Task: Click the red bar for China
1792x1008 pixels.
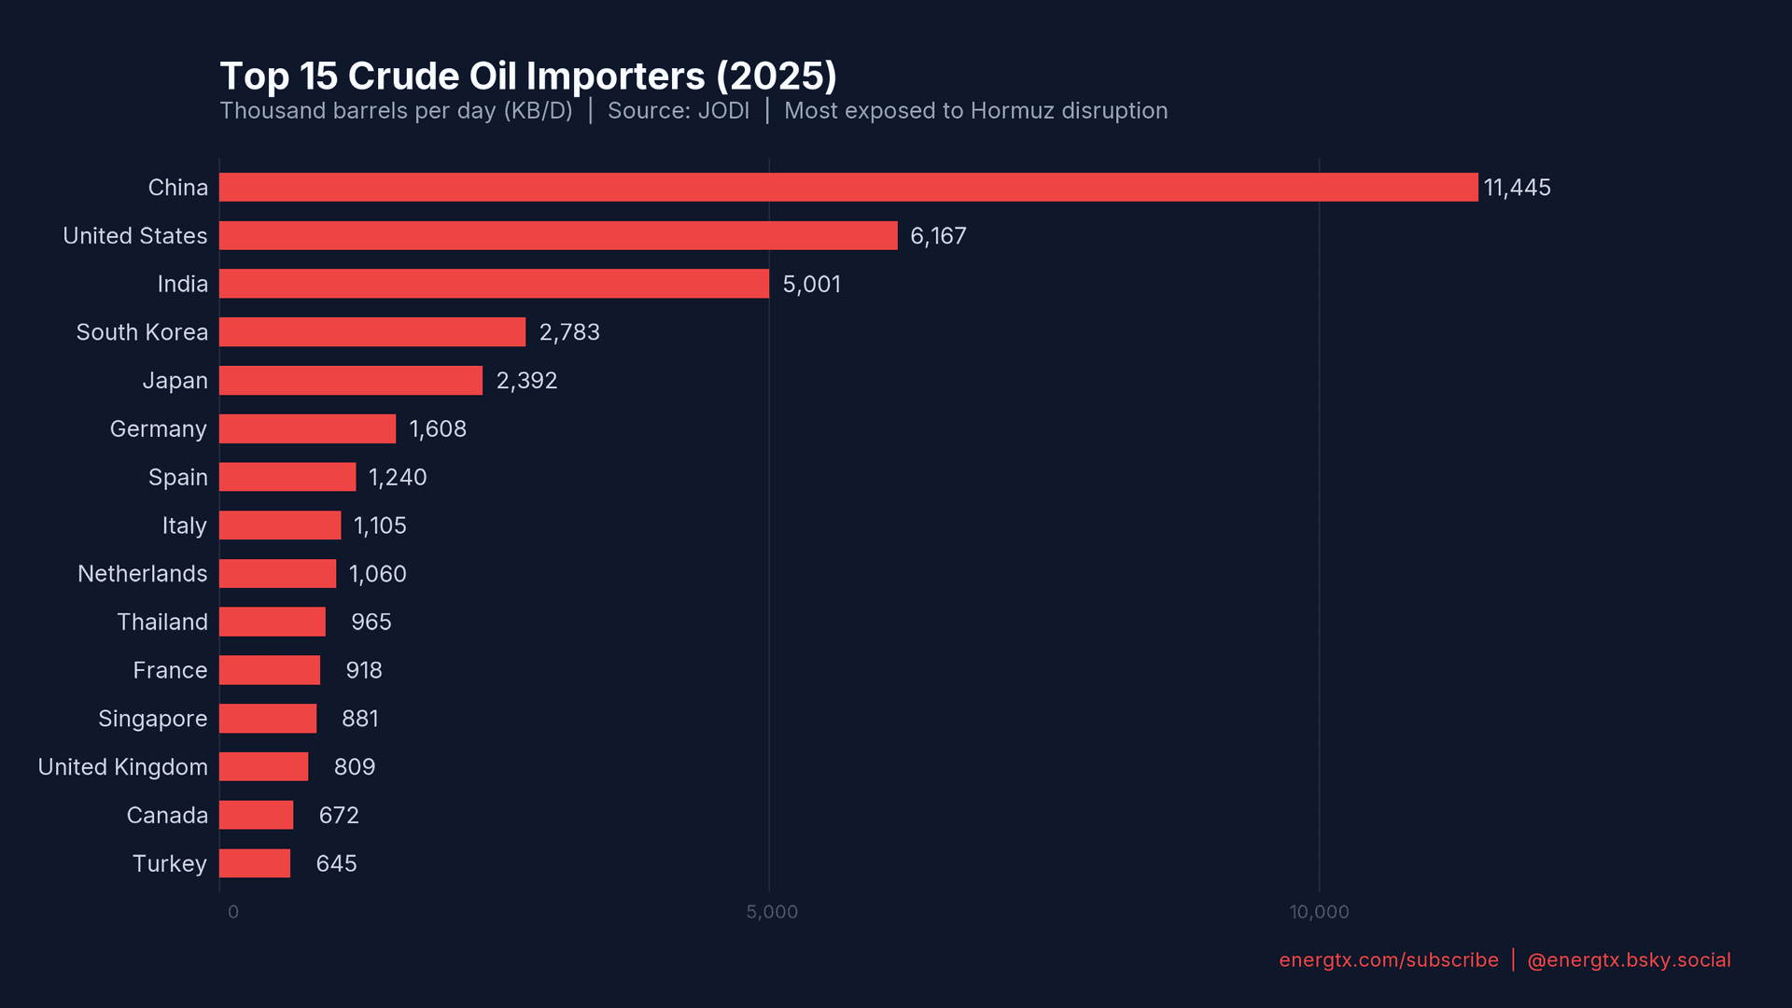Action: (x=847, y=187)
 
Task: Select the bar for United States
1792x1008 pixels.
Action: (x=558, y=235)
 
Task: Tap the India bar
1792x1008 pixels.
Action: (x=494, y=284)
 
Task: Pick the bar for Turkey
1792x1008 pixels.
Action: (x=255, y=863)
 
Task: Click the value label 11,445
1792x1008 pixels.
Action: (x=1517, y=188)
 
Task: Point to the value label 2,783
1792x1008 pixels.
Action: (x=569, y=332)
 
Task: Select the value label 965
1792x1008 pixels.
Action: (x=371, y=623)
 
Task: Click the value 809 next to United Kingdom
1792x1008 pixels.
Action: (x=354, y=767)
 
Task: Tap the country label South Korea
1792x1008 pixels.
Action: (x=142, y=332)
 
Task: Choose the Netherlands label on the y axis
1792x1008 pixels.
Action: (x=142, y=574)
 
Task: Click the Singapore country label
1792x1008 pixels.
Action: (x=152, y=719)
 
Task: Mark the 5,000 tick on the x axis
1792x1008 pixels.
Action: (x=772, y=912)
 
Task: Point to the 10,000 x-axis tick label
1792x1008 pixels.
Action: (x=1319, y=912)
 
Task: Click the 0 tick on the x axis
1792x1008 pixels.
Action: (x=233, y=912)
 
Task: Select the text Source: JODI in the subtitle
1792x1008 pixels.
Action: (x=679, y=111)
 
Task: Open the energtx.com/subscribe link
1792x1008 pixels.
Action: (x=1388, y=960)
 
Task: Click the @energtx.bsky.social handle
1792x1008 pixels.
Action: (x=1629, y=960)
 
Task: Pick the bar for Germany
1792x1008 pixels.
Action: (x=307, y=428)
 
